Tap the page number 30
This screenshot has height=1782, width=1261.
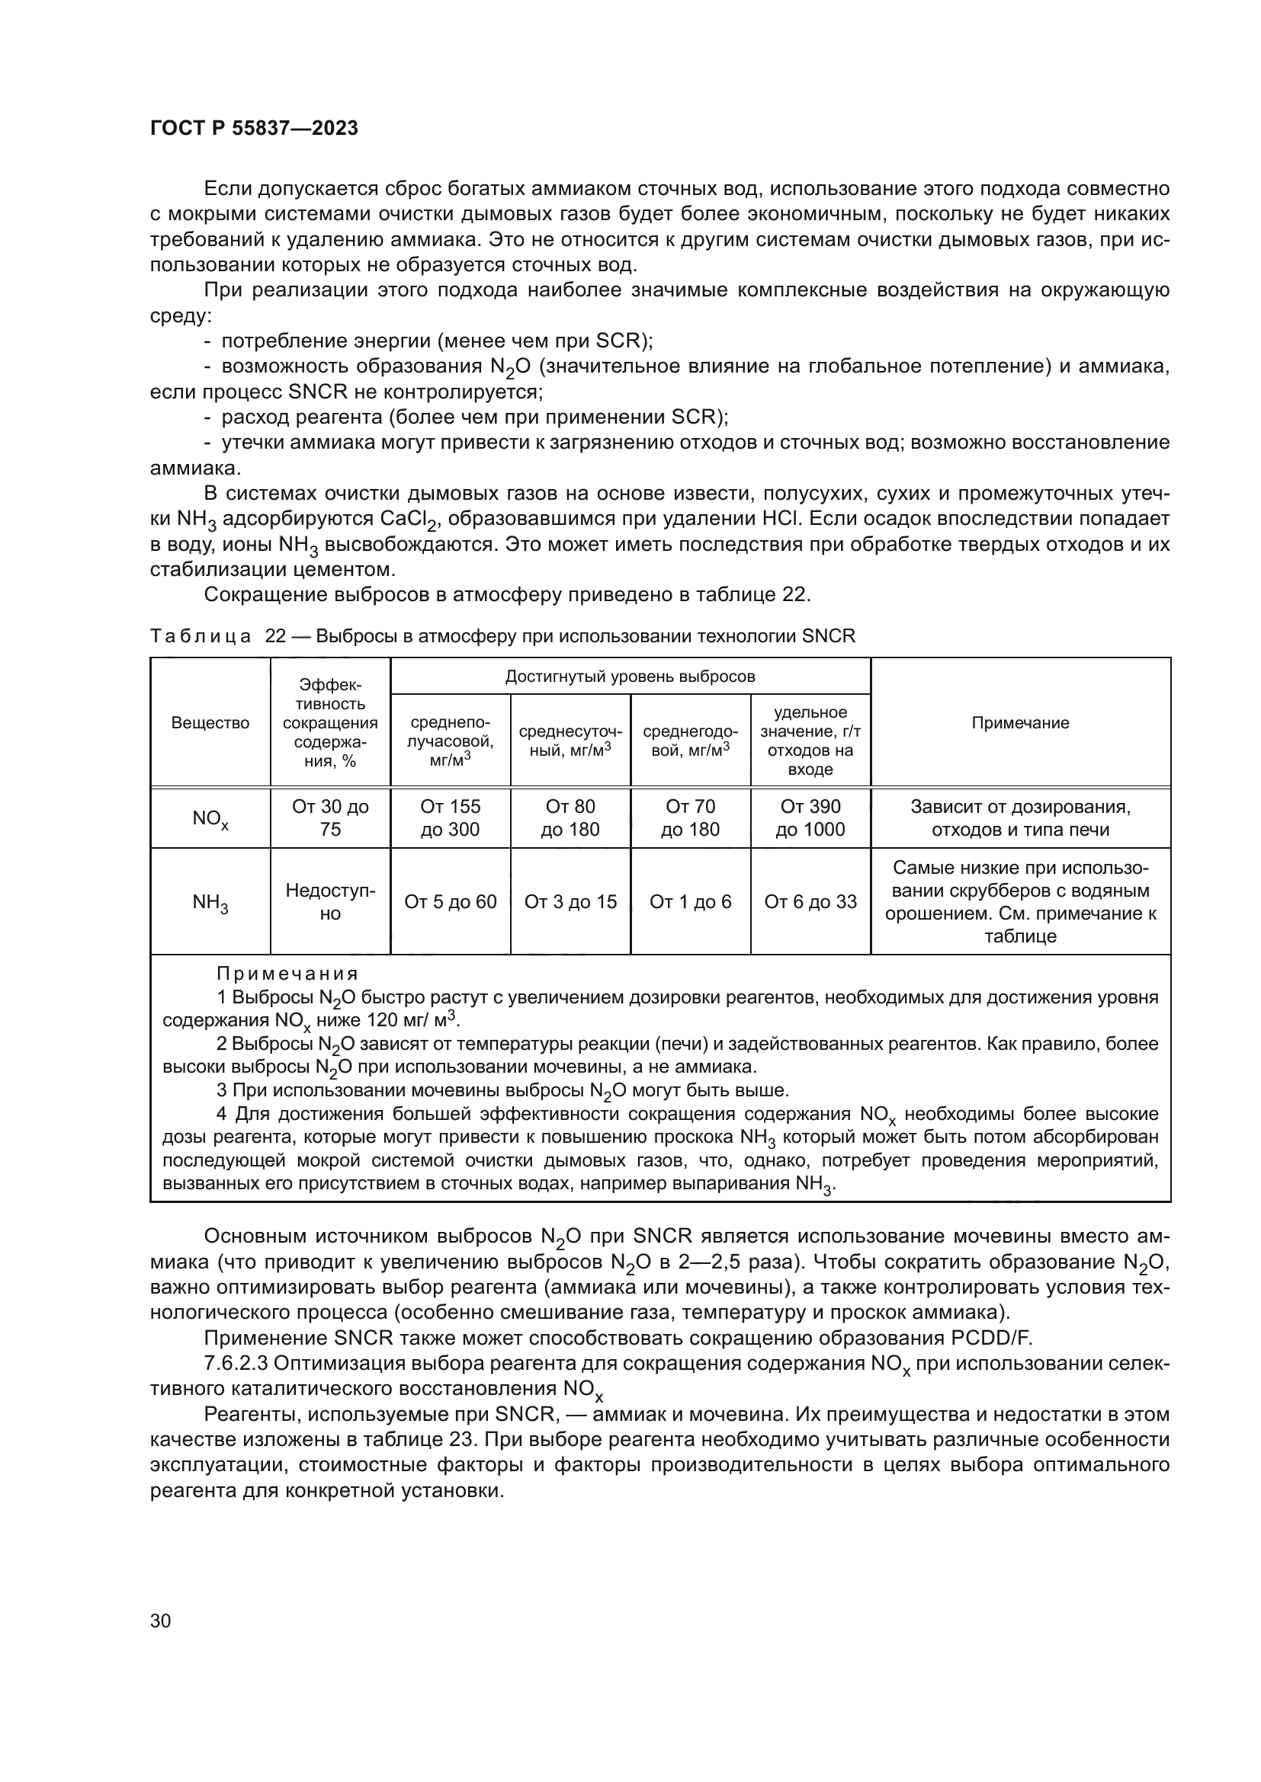161,1620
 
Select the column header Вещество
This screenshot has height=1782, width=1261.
210,722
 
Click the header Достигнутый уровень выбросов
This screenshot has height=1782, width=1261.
630,676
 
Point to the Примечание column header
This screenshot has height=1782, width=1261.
1020,722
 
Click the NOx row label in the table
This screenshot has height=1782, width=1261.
210,819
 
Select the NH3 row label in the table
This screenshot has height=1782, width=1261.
210,902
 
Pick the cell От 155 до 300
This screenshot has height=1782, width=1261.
451,818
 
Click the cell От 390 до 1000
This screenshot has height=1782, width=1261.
810,818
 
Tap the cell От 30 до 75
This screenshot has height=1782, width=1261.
330,818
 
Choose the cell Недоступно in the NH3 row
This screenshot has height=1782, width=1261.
330,902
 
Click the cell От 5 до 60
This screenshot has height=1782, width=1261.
451,902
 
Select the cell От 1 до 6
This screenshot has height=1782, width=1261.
690,902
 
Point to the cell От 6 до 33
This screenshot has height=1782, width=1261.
810,902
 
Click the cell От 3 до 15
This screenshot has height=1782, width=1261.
570,902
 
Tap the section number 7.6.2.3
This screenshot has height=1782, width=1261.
236,1364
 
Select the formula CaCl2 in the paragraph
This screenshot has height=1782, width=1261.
407,520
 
